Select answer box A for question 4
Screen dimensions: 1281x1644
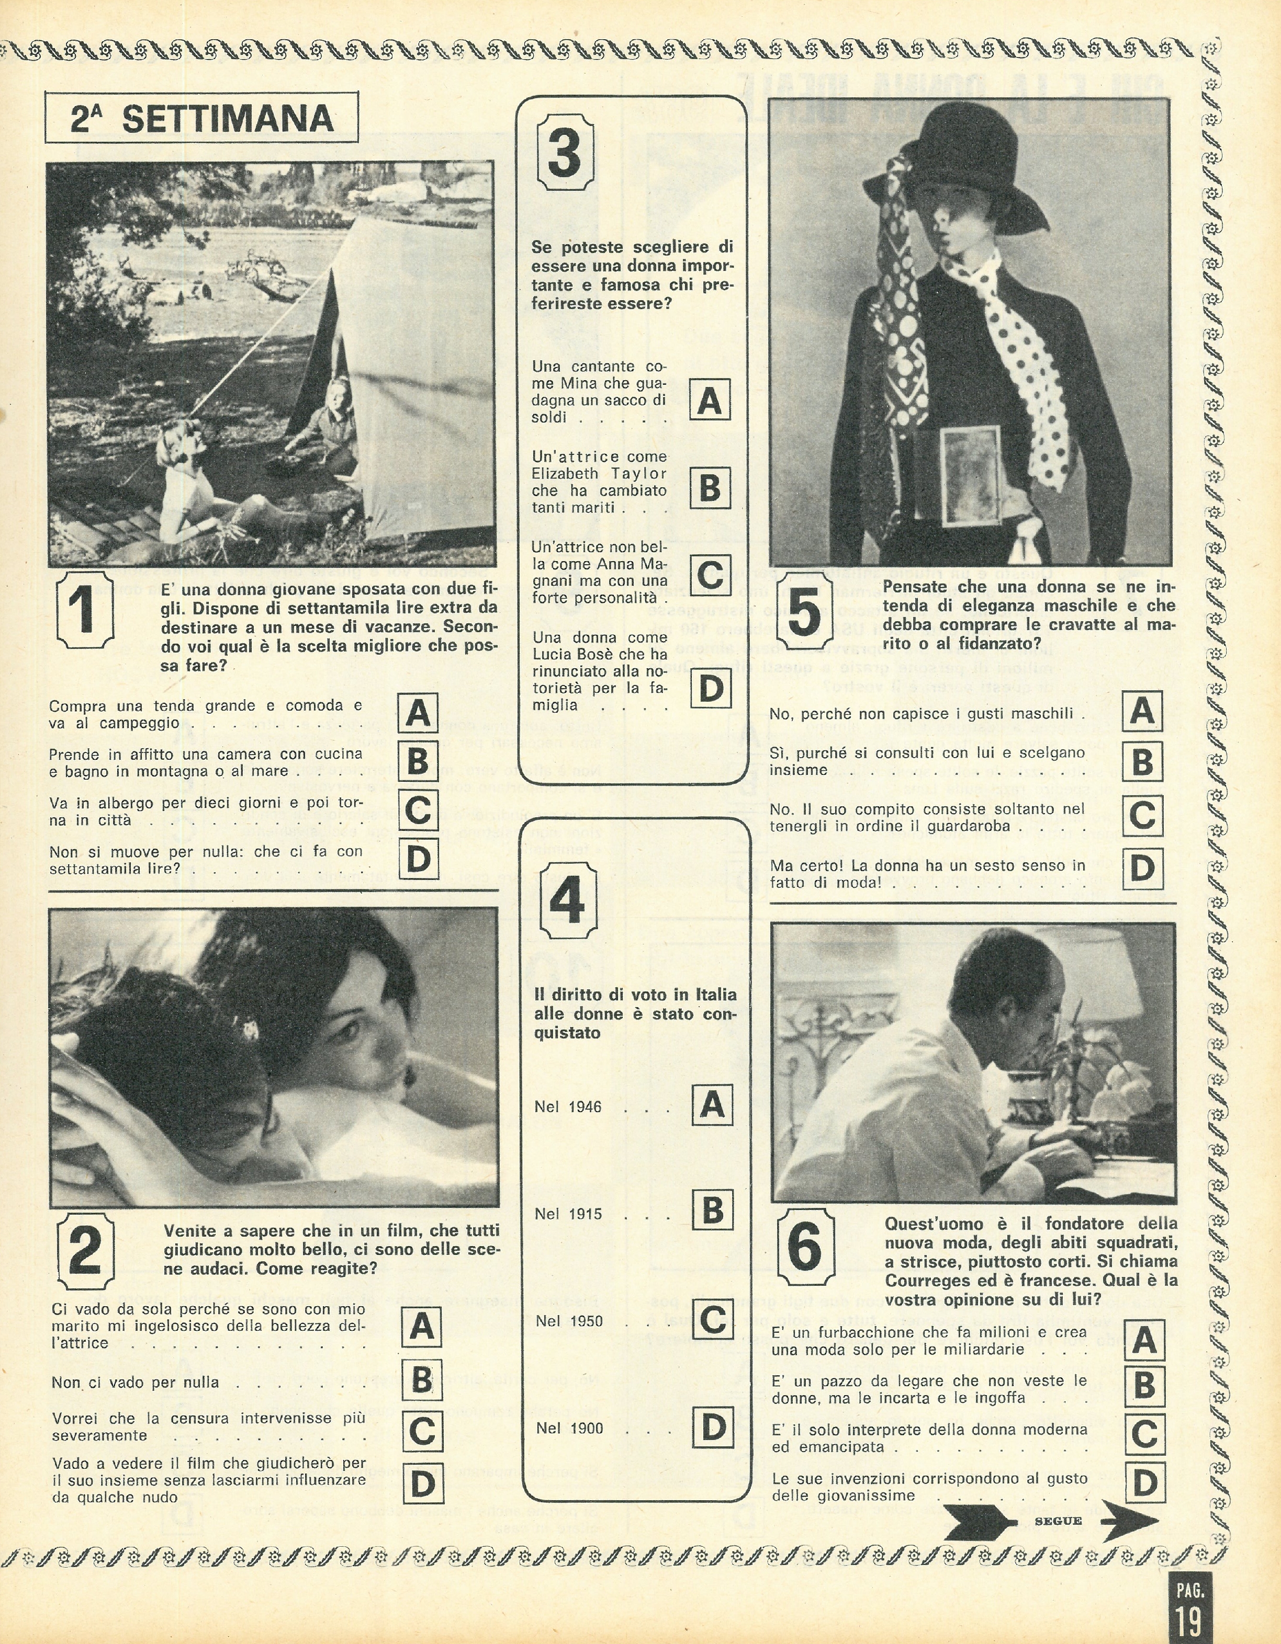(x=712, y=1105)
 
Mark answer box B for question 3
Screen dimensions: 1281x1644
(x=710, y=488)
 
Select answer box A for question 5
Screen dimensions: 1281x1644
(x=1142, y=711)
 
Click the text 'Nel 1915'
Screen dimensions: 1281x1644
(x=568, y=1214)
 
